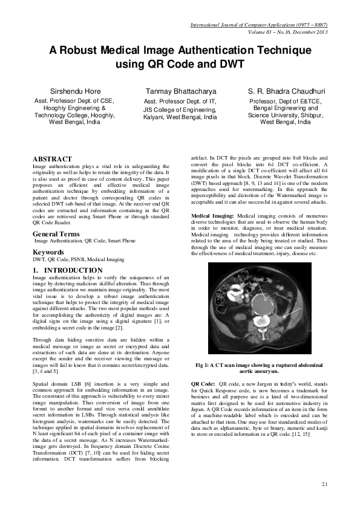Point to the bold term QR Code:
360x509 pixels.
[203, 384]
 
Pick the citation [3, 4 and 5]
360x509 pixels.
[47, 372]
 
